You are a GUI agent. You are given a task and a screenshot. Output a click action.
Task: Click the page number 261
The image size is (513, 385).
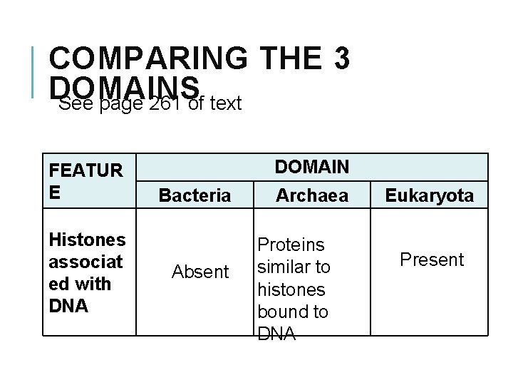tap(165, 105)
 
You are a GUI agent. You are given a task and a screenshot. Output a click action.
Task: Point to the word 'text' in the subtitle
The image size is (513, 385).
tap(226, 105)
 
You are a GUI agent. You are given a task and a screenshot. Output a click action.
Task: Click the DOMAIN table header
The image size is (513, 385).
tap(312, 167)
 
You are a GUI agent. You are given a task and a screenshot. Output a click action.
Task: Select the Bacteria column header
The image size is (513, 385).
tap(195, 195)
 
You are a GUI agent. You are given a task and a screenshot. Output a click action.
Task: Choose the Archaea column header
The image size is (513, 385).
tap(312, 194)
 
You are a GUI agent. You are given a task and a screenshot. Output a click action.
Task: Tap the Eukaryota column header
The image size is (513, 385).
tap(429, 195)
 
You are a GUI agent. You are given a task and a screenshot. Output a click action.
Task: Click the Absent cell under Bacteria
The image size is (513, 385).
tap(201, 272)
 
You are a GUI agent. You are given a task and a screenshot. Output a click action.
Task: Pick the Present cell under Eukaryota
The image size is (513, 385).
tap(432, 260)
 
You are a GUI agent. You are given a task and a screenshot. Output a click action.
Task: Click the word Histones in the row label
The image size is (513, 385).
tap(87, 240)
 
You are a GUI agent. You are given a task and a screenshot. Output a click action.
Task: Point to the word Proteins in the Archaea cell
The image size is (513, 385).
tap(290, 245)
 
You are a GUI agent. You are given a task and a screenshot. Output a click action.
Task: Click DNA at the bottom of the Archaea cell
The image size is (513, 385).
tap(276, 334)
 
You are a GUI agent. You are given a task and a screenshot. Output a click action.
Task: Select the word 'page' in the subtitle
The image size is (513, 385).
tap(119, 105)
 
